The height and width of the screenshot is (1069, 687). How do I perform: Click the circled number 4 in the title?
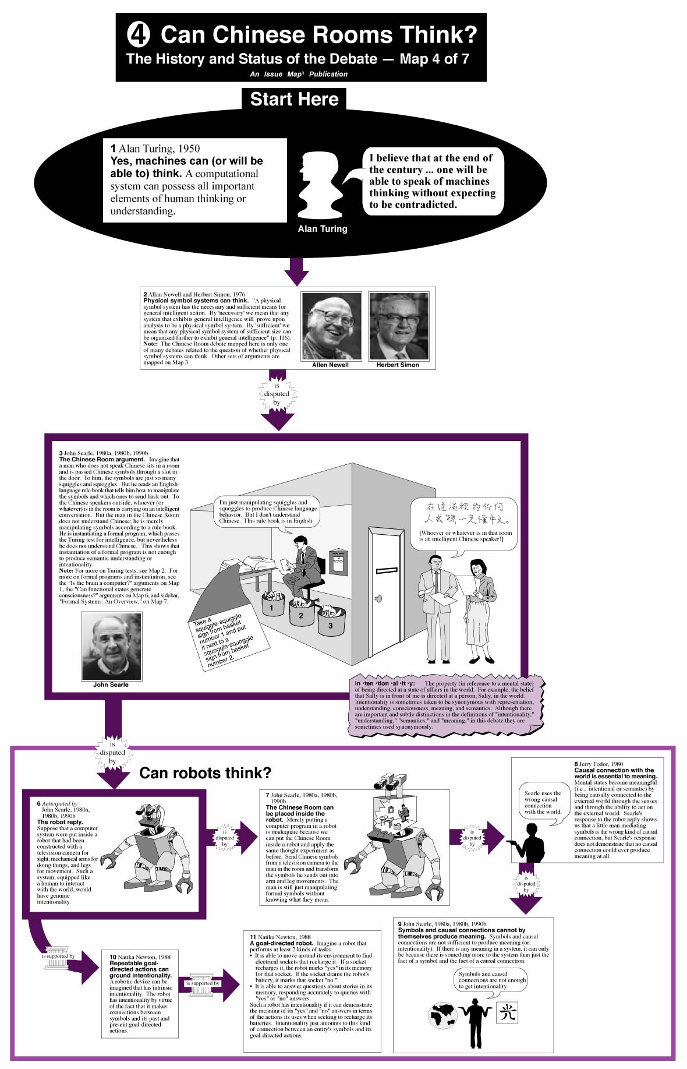(x=139, y=34)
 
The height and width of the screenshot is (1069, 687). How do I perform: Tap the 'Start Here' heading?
(x=294, y=99)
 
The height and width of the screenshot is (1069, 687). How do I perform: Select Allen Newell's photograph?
(x=331, y=326)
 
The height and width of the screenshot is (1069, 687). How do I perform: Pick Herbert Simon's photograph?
(x=399, y=326)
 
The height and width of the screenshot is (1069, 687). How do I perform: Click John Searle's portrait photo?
(x=111, y=646)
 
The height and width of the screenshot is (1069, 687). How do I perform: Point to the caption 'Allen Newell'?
(x=330, y=365)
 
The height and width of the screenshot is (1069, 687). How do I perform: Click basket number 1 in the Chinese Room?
(x=271, y=605)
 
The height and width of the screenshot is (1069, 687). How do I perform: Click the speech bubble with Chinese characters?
(x=464, y=523)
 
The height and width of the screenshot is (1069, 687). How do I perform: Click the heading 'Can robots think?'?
(x=205, y=773)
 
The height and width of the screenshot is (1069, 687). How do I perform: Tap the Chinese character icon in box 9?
(x=507, y=1013)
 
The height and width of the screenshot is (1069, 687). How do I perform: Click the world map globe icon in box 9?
(x=443, y=1015)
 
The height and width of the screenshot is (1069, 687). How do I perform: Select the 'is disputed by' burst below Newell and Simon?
(x=277, y=394)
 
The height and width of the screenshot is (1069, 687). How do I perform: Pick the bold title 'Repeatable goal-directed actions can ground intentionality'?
(x=140, y=969)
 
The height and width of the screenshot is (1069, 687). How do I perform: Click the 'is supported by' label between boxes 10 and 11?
(x=202, y=983)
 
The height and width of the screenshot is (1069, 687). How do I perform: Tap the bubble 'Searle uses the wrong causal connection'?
(x=543, y=803)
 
